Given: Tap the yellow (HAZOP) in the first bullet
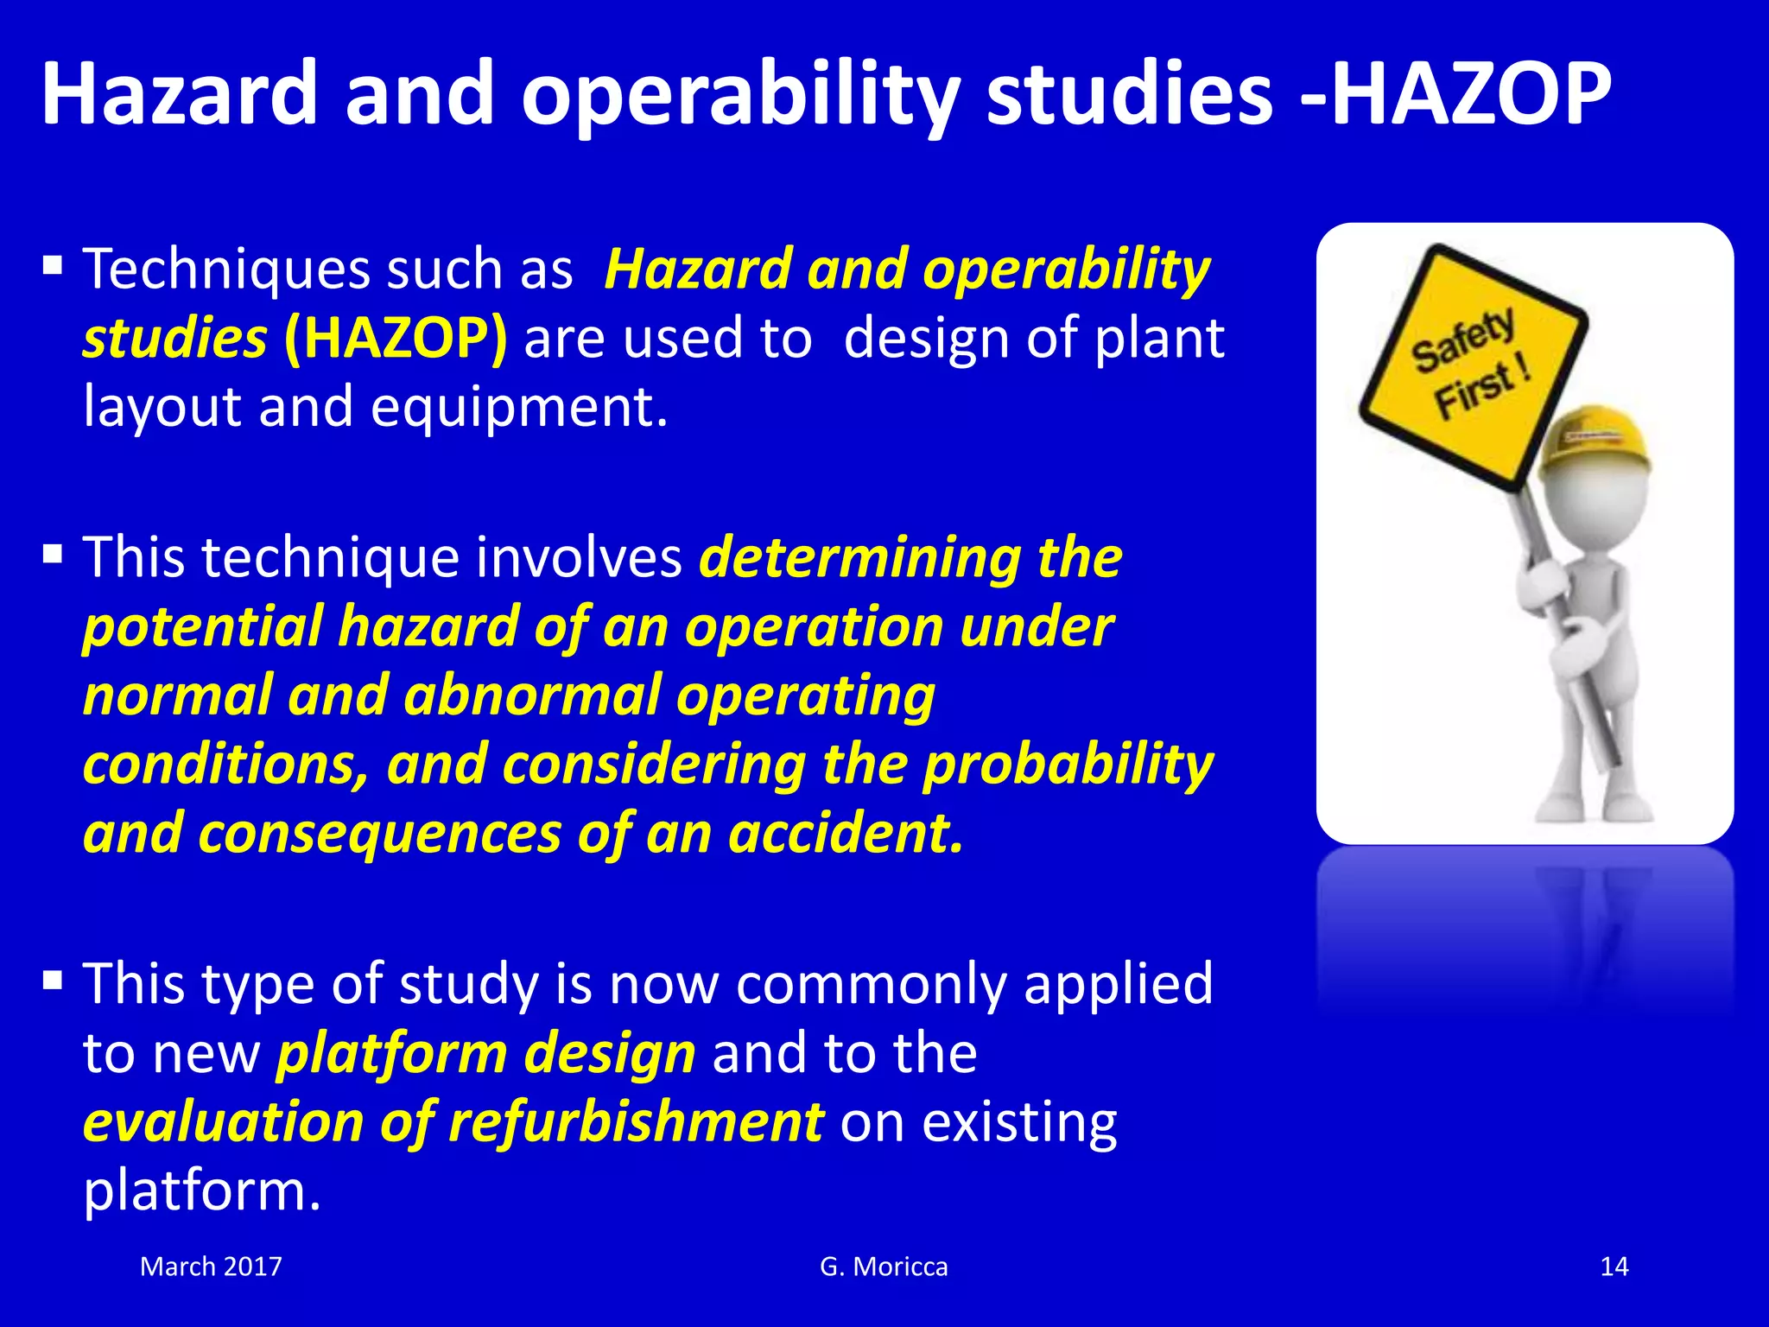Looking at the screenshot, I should point(396,339).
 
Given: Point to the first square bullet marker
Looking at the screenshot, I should point(54,264).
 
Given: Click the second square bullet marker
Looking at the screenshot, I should point(54,553).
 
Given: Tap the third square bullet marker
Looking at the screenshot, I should point(54,980).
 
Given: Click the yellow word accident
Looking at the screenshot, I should point(845,835).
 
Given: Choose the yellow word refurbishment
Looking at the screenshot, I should point(636,1123).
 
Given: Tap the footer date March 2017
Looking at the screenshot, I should point(211,1267).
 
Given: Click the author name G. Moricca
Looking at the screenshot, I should point(884,1267).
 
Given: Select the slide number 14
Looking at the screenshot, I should point(1614,1267).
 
